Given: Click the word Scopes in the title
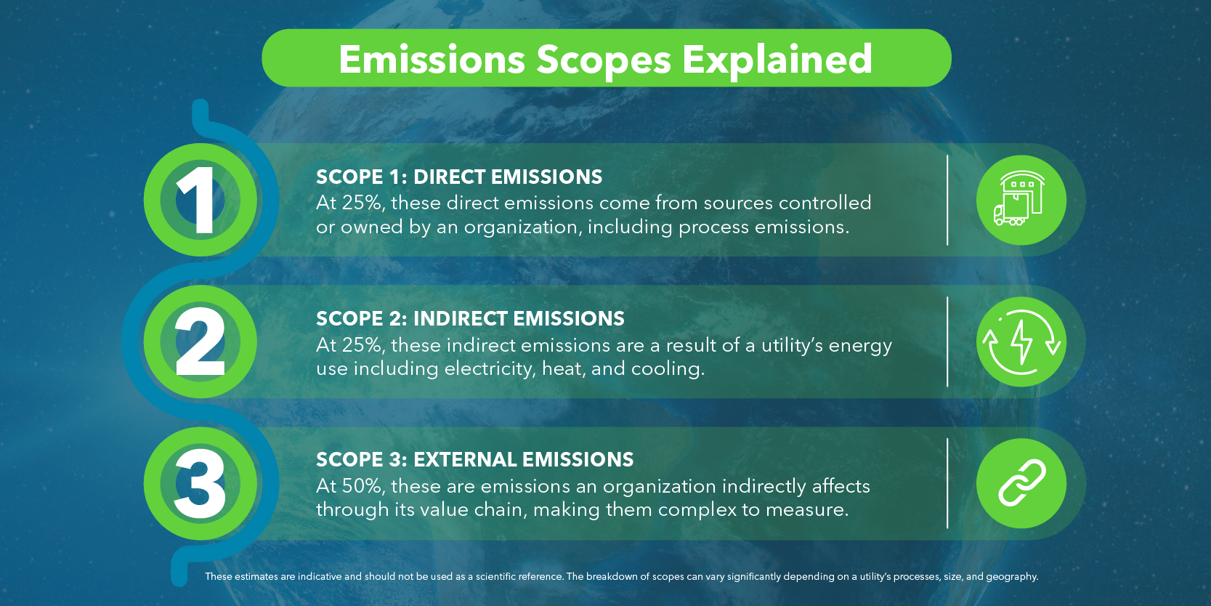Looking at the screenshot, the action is (604, 60).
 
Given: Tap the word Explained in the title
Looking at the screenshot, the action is (777, 59).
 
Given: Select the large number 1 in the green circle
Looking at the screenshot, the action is (198, 200).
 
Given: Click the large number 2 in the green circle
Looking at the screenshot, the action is (200, 341).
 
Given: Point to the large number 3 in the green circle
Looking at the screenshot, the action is (200, 483).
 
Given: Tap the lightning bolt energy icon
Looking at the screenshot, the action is (1021, 342).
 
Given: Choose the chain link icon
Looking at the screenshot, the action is (1021, 482).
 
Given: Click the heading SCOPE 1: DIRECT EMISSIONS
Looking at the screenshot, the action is (459, 177).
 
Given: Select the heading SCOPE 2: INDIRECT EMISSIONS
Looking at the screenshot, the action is (470, 319).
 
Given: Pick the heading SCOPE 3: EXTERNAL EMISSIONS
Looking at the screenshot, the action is (474, 459).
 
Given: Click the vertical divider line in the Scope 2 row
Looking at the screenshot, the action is (948, 342).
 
